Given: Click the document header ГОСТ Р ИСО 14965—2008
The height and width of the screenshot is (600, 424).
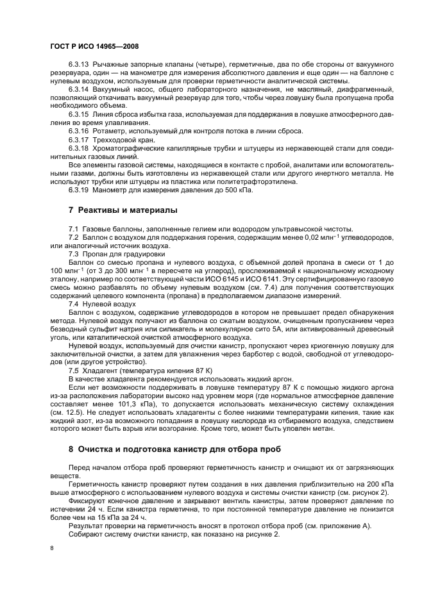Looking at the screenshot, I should [x=94, y=47].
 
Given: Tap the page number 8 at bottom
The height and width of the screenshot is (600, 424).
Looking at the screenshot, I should [x=53, y=548].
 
